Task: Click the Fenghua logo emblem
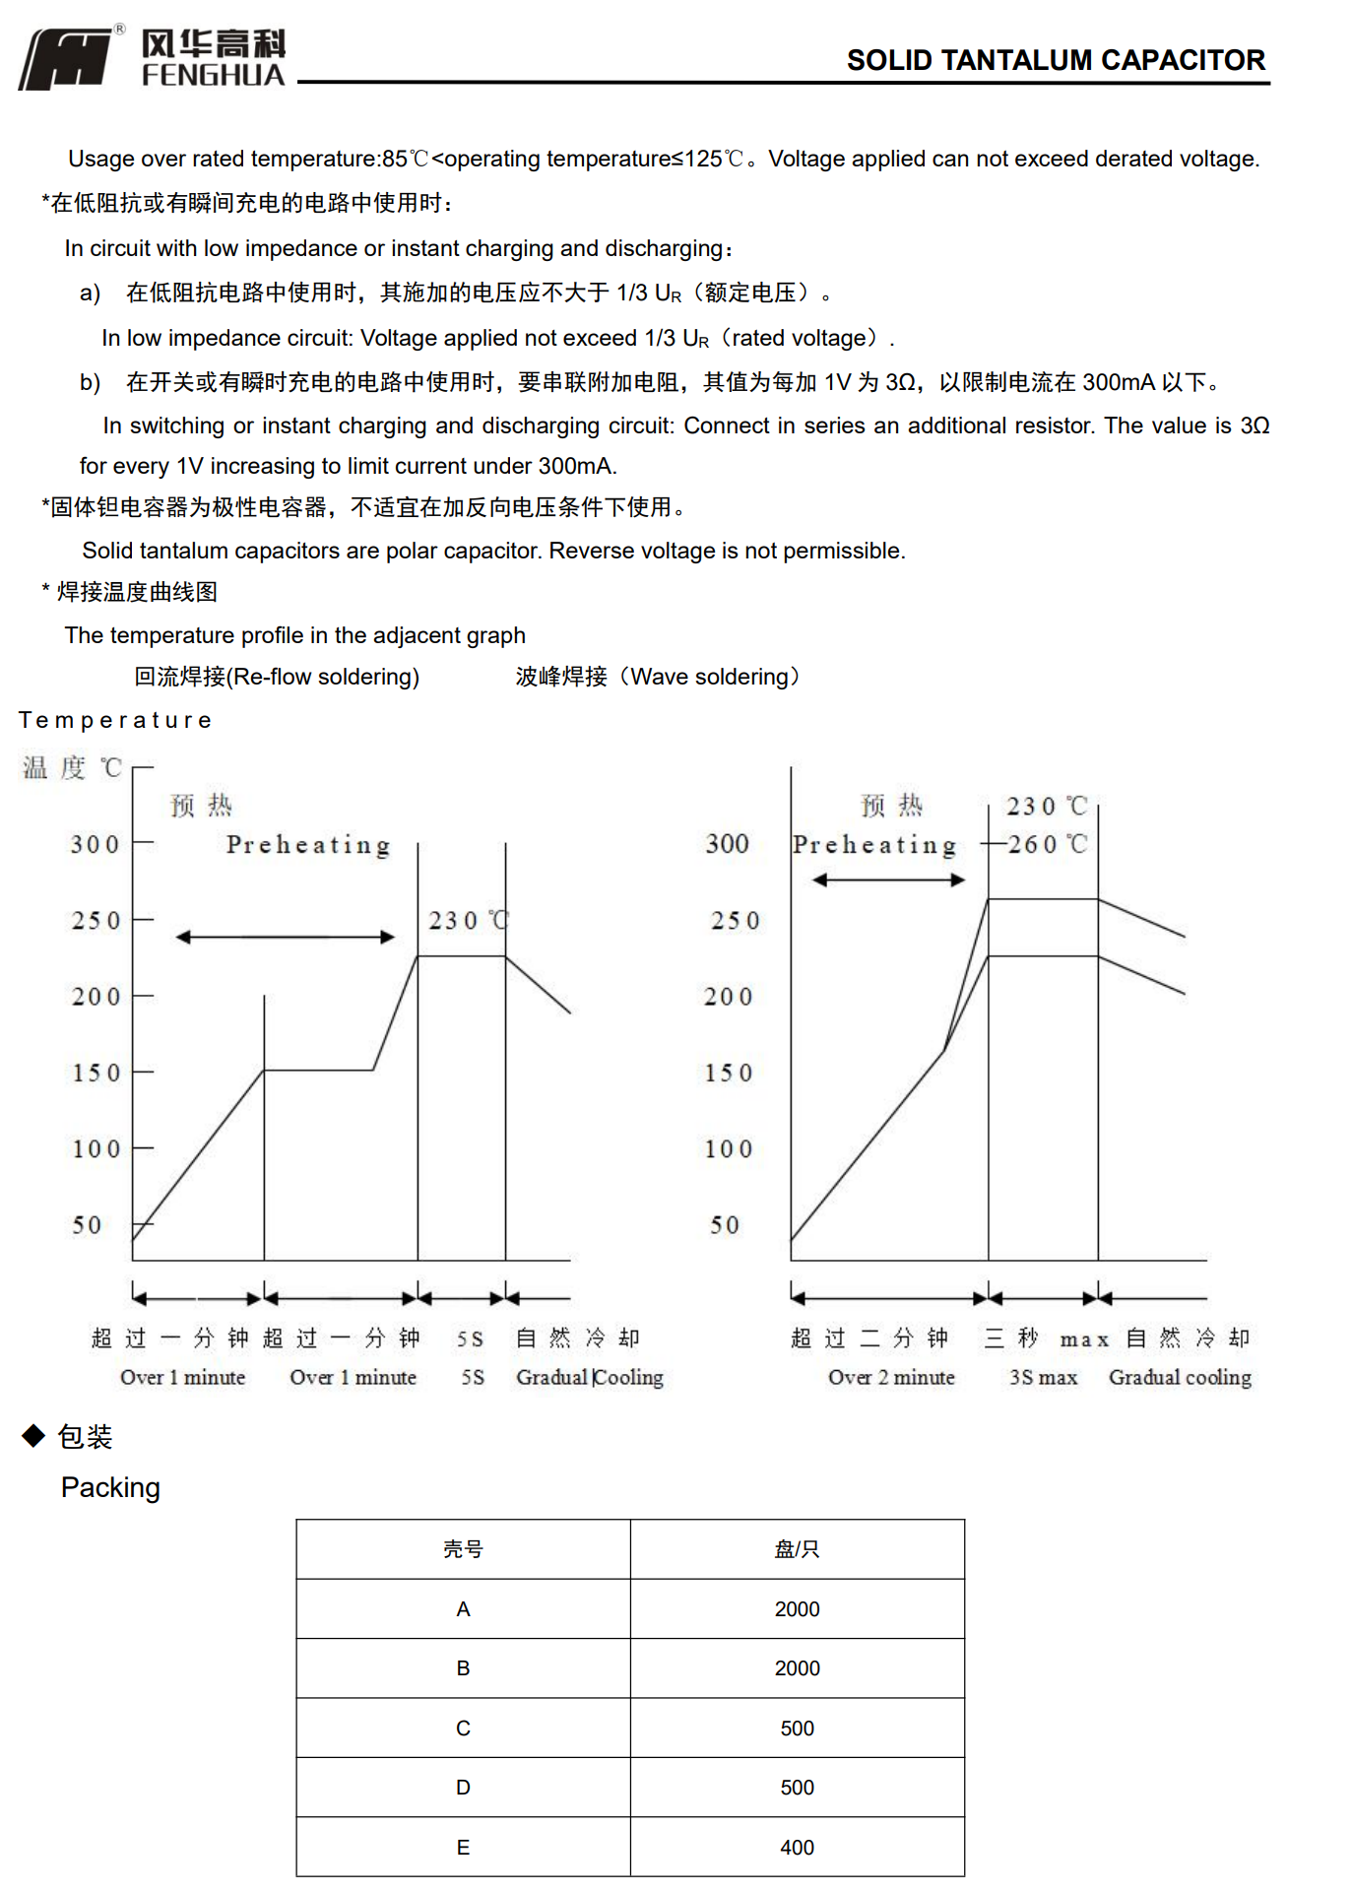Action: (x=67, y=59)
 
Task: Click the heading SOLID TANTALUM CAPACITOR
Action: (x=1056, y=61)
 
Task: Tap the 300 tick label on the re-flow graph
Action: (x=95, y=844)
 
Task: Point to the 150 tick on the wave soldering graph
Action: (x=728, y=1073)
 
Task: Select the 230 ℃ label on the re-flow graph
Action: (x=467, y=921)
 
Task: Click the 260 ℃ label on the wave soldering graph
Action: (x=1047, y=844)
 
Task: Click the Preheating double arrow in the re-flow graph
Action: (x=285, y=937)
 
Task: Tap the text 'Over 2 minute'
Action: (x=891, y=1377)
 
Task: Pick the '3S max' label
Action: (x=1043, y=1377)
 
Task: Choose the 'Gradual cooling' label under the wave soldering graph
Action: (x=1180, y=1377)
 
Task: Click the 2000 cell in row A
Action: (x=797, y=1609)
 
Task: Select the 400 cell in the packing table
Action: (x=797, y=1848)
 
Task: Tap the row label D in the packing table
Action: (x=463, y=1788)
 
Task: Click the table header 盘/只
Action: (x=797, y=1549)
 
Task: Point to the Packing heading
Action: (x=110, y=1487)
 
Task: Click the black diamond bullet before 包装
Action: (x=33, y=1436)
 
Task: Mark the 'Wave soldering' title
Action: (x=658, y=677)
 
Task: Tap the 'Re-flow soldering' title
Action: (x=277, y=677)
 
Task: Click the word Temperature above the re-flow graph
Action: (x=115, y=720)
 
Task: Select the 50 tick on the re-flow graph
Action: (x=87, y=1225)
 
